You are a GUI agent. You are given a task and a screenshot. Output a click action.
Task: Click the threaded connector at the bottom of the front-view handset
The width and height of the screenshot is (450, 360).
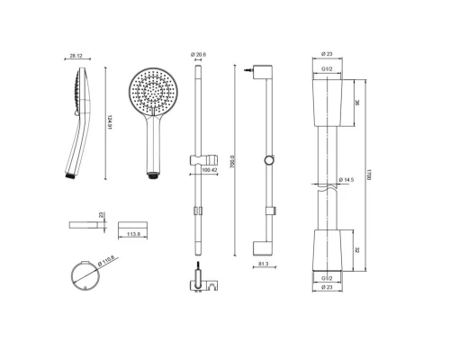(154, 173)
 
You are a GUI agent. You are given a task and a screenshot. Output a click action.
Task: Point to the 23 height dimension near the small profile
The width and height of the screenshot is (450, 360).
(102, 215)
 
